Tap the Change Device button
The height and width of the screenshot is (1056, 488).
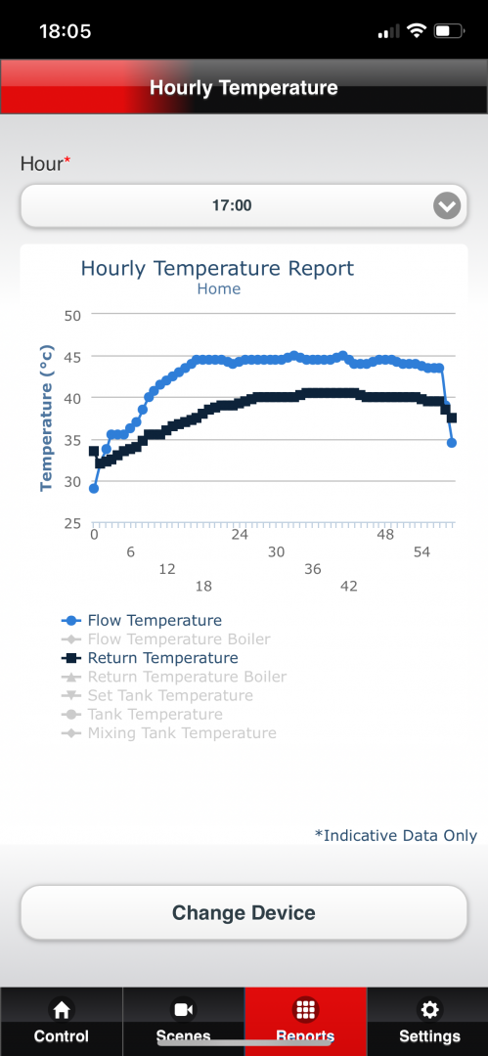[244, 912]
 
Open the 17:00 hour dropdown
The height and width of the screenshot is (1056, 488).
[244, 205]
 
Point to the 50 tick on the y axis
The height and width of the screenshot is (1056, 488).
[72, 315]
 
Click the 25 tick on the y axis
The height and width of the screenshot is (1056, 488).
[72, 523]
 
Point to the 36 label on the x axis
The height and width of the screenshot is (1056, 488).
[313, 569]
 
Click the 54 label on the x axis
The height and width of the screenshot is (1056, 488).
[421, 552]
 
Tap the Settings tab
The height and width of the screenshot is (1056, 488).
[428, 1022]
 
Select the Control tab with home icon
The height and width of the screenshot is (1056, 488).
[62, 1022]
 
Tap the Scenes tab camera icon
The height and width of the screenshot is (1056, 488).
[183, 1009]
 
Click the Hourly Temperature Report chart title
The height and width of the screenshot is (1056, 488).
[217, 268]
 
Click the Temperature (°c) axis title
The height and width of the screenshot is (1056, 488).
[47, 418]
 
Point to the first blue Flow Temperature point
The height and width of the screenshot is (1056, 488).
[94, 488]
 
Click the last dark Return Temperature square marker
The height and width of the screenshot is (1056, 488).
[452, 418]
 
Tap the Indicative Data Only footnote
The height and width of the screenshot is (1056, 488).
[396, 835]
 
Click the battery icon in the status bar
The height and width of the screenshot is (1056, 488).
[448, 31]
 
